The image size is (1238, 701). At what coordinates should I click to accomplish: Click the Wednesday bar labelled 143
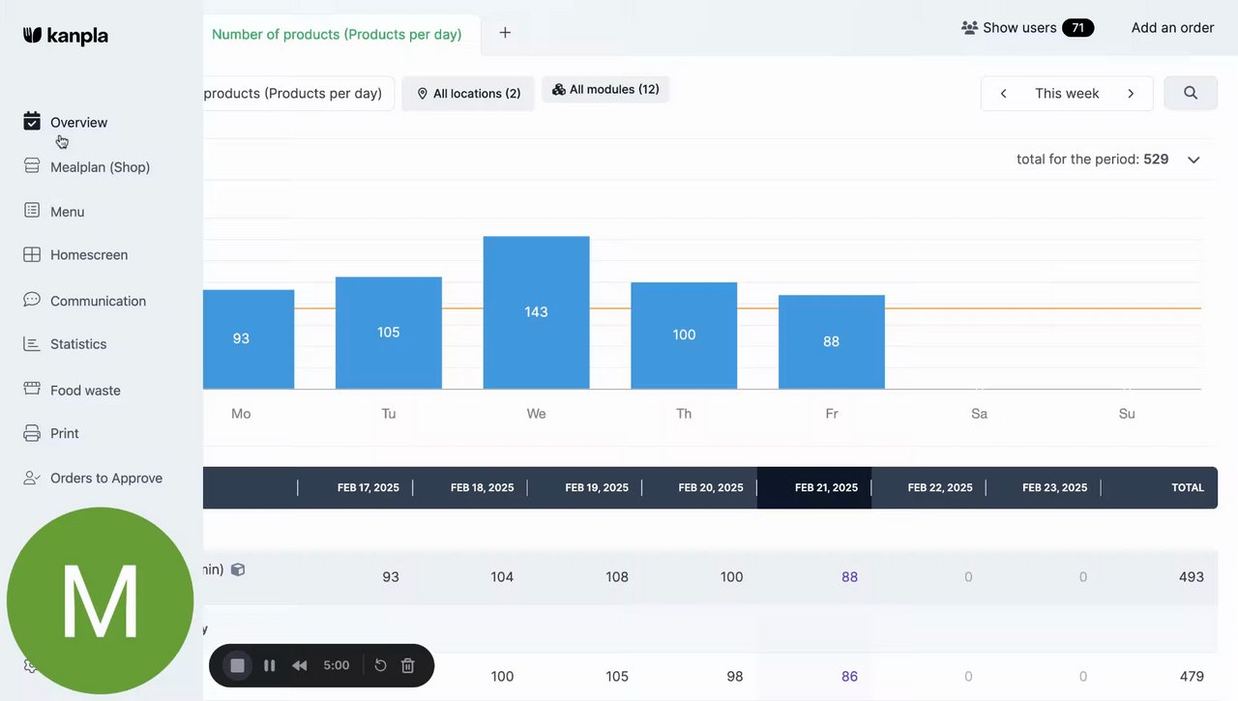click(x=536, y=312)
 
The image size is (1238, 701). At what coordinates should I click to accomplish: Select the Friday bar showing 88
click(x=831, y=341)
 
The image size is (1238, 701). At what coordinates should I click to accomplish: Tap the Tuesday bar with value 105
click(x=388, y=333)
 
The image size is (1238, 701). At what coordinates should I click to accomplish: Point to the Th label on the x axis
click(x=684, y=414)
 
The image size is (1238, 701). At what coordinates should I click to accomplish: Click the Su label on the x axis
click(x=1127, y=414)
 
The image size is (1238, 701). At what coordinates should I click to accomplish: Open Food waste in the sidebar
click(x=85, y=391)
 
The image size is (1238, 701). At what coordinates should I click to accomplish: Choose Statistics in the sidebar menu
click(x=78, y=344)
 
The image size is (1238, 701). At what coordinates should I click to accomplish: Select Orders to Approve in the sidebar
click(x=105, y=479)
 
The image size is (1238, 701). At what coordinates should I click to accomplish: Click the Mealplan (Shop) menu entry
click(x=100, y=167)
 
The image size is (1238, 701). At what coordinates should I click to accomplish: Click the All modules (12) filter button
click(x=605, y=90)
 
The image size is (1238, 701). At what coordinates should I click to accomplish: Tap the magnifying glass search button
click(x=1191, y=94)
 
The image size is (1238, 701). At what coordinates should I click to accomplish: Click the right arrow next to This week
click(x=1131, y=94)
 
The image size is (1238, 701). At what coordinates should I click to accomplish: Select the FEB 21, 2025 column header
click(x=826, y=488)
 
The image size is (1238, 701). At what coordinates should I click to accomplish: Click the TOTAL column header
click(x=1188, y=488)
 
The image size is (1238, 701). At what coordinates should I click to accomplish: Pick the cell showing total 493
click(x=1191, y=577)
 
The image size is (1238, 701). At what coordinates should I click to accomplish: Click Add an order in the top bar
click(x=1172, y=28)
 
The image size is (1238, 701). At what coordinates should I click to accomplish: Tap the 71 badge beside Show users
click(x=1077, y=28)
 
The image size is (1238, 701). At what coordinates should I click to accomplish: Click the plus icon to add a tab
click(x=505, y=33)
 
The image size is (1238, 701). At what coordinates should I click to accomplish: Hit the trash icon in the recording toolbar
click(x=408, y=665)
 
